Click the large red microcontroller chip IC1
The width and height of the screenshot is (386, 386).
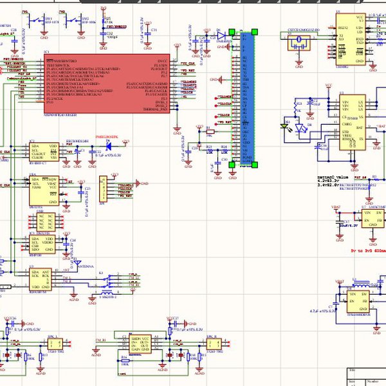pos(106,84)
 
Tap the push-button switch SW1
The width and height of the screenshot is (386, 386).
pos(44,22)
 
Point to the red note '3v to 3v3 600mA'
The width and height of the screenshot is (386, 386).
pos(367,251)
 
